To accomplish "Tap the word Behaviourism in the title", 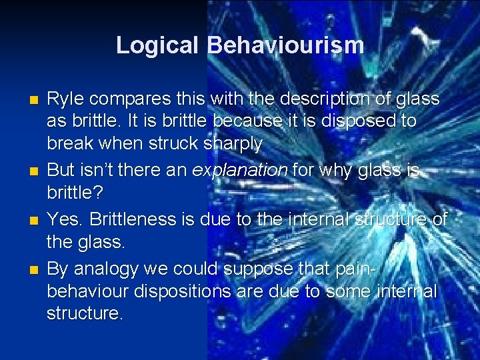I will click(285, 45).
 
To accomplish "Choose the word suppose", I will click(259, 269).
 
